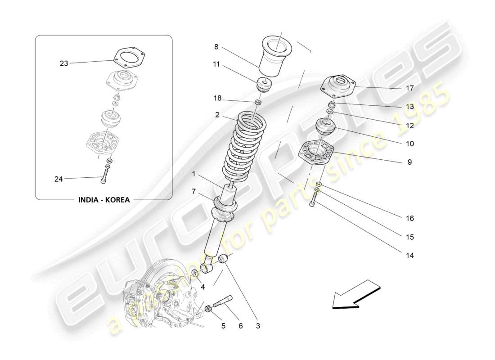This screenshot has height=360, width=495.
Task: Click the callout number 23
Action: pos(64,63)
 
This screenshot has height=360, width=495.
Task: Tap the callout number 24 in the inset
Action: pos(58,179)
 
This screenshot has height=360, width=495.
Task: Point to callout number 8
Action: pos(216,46)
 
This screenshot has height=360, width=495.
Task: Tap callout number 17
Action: pos(409,88)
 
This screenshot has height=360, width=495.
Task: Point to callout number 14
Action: pos(409,255)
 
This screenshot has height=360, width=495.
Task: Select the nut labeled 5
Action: pos(209,309)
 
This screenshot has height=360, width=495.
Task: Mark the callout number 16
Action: pos(409,218)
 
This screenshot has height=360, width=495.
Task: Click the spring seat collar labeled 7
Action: pos(225,207)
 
